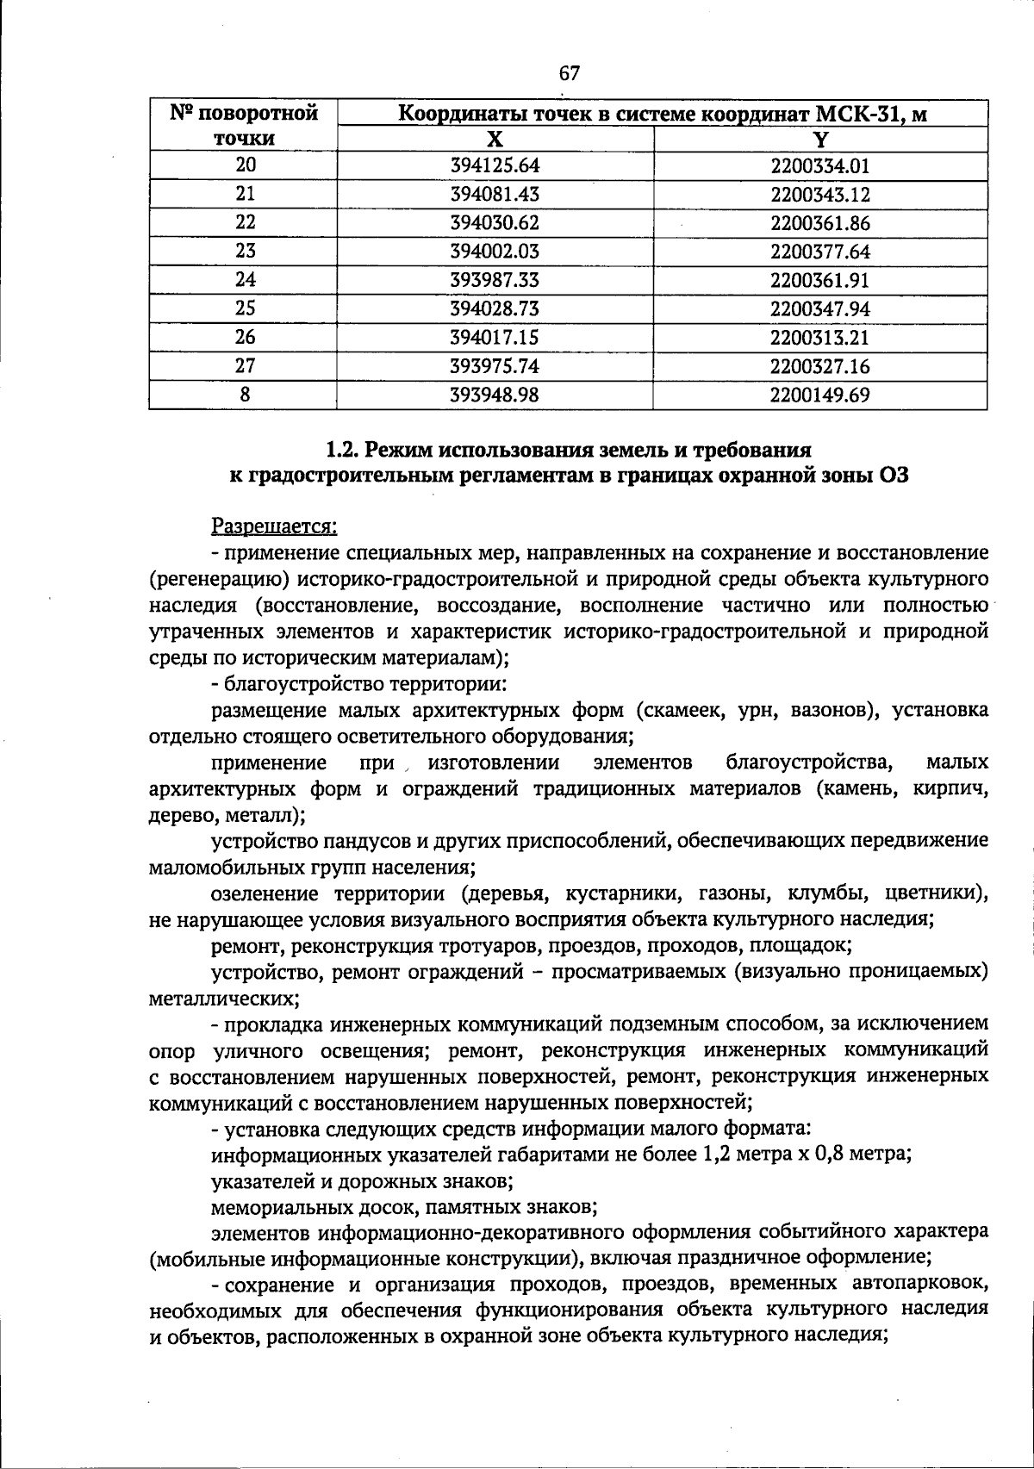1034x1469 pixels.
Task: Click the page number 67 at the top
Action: point(569,74)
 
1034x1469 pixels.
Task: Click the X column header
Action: point(495,140)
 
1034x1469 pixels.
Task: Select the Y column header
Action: point(820,140)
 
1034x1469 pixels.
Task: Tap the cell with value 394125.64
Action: point(495,165)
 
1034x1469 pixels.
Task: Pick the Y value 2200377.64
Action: point(820,252)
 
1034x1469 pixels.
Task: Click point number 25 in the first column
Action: point(245,308)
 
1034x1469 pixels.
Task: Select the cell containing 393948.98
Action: point(495,395)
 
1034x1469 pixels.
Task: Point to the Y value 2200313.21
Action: point(820,337)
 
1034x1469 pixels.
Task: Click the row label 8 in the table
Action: point(245,395)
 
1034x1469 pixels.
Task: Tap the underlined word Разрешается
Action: point(274,525)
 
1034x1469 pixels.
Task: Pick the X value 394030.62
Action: point(495,223)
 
